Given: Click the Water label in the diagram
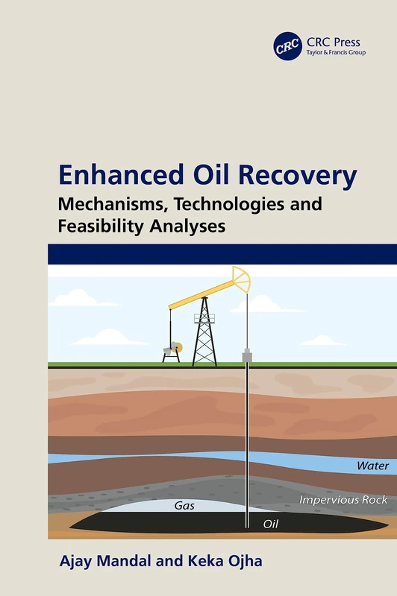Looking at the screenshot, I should tap(372, 466).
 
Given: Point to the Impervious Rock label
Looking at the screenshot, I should tap(343, 500).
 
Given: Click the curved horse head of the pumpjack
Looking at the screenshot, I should tap(240, 280).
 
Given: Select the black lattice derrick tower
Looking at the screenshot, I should tap(204, 335).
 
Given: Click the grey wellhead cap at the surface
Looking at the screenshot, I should tap(247, 358).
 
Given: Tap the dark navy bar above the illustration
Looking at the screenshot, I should tap(222, 253).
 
